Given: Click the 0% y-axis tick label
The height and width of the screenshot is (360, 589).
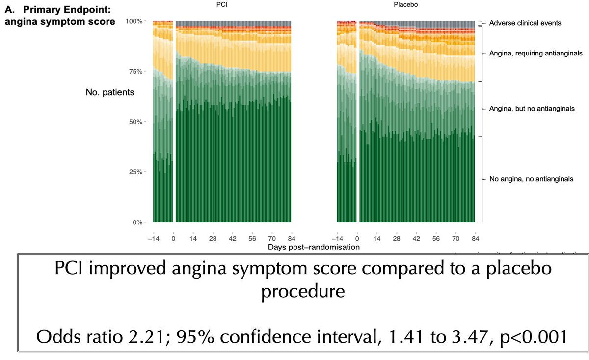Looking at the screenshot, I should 137,222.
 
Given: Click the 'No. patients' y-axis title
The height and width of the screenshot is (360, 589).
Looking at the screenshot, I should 110,92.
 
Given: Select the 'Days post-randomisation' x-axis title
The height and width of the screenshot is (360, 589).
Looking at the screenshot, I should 314,247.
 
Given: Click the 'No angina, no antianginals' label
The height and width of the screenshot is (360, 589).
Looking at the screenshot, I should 531,179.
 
